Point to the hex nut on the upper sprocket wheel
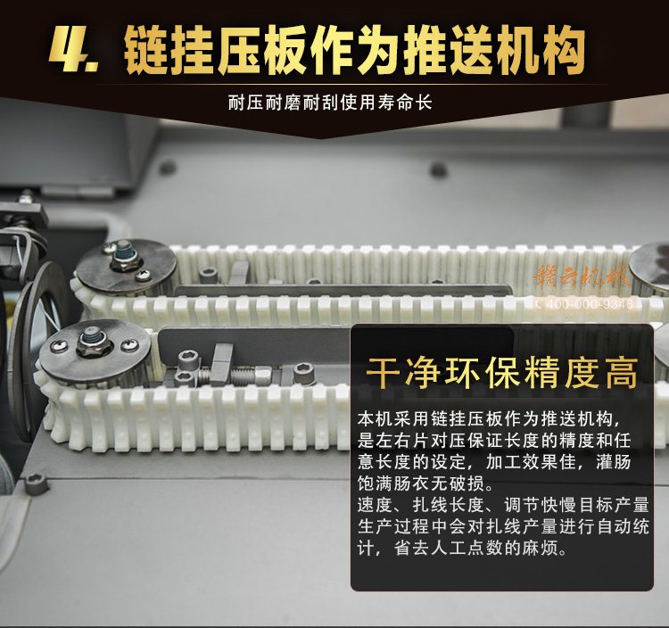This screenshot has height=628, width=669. pyautogui.click(x=122, y=262)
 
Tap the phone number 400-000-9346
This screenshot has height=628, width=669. pyautogui.click(x=585, y=304)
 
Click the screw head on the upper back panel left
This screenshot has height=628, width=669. pyautogui.click(x=167, y=167)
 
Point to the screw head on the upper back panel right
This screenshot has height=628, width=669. pyautogui.click(x=438, y=169)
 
